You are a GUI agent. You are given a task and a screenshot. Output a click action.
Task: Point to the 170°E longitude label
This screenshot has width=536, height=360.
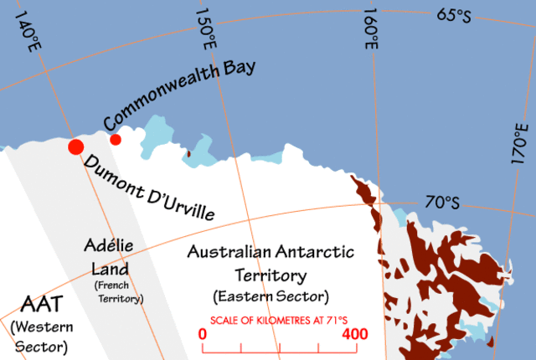coord(521,147)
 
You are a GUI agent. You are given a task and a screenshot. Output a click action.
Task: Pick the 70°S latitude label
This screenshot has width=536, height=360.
coord(441,202)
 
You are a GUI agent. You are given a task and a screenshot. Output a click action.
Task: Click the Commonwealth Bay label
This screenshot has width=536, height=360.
coord(179,94)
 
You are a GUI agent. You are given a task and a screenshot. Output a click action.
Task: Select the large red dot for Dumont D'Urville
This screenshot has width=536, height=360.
coord(75,147)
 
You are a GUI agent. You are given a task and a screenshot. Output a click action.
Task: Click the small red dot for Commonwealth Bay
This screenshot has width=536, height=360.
coord(116,139)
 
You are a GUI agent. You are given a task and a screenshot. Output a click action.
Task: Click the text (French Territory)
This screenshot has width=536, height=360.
coord(118,292)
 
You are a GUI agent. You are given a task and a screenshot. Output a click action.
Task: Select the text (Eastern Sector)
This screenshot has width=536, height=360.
coord(271,296)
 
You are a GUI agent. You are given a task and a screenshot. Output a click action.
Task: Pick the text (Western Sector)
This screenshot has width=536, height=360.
coord(39,335)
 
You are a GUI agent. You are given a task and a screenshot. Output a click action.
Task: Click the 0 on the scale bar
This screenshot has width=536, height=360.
coord(203,333)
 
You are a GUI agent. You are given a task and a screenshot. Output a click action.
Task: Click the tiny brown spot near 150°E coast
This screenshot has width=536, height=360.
coord(188,153)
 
